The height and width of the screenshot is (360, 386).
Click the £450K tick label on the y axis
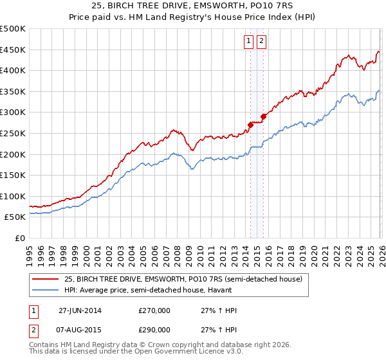tap(13, 50)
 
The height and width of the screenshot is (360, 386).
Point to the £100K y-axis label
tap(13, 196)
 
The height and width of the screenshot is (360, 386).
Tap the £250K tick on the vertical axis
tap(13, 133)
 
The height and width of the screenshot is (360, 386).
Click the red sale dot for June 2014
tap(250, 125)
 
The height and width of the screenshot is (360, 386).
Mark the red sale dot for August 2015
tap(263, 116)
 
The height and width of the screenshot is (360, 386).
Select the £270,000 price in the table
tap(154, 310)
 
